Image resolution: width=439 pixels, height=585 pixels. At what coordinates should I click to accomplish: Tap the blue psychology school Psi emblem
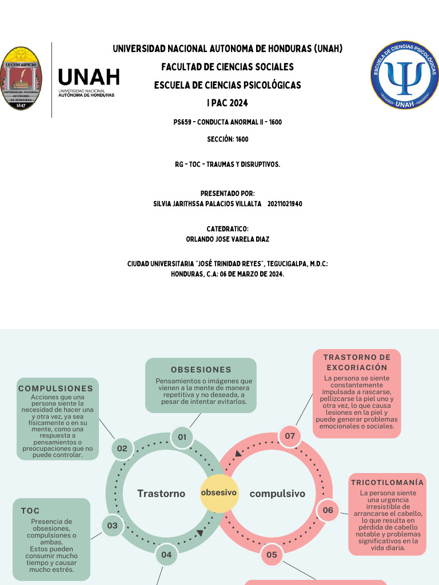pyautogui.click(x=405, y=75)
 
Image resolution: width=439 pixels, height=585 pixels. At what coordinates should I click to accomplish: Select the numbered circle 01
pyautogui.click(x=182, y=437)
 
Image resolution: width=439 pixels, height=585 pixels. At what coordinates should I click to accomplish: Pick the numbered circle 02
pyautogui.click(x=122, y=448)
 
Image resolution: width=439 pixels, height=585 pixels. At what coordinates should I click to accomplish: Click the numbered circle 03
pyautogui.click(x=112, y=526)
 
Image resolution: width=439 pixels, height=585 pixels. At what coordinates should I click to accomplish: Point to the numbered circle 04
pyautogui.click(x=166, y=554)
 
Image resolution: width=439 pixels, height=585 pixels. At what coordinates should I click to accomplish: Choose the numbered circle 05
pyautogui.click(x=272, y=554)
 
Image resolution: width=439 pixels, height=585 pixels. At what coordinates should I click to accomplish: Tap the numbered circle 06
pyautogui.click(x=328, y=510)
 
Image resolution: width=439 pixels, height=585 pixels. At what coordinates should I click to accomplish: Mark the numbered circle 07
pyautogui.click(x=290, y=436)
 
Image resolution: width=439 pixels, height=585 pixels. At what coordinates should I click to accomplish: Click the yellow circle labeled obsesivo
pyautogui.click(x=218, y=492)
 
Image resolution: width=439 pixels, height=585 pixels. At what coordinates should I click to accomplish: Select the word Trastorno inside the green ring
pyautogui.click(x=161, y=494)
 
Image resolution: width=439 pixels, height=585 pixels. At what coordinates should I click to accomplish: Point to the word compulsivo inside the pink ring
pyautogui.click(x=278, y=494)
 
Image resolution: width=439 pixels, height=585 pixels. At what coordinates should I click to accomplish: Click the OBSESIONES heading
pyautogui.click(x=201, y=370)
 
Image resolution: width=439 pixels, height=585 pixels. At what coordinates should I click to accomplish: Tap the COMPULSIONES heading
pyautogui.click(x=55, y=388)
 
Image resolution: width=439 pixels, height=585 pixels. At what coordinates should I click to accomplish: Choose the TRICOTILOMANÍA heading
pyautogui.click(x=388, y=483)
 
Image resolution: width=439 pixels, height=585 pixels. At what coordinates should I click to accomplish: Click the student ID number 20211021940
pyautogui.click(x=285, y=204)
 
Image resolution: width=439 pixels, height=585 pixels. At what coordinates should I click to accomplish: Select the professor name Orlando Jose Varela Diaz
pyautogui.click(x=228, y=239)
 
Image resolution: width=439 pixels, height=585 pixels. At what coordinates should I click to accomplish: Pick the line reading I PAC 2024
pyautogui.click(x=228, y=103)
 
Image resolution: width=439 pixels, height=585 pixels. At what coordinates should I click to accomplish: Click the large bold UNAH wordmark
pyautogui.click(x=89, y=77)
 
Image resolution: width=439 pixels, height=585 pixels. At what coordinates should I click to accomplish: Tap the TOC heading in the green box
pyautogui.click(x=30, y=511)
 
